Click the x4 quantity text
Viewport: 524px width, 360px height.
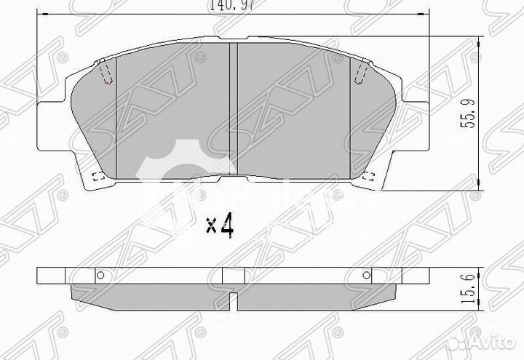[219, 226]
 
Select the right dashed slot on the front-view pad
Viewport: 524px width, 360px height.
[360, 73]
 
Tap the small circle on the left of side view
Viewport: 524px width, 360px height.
[100, 276]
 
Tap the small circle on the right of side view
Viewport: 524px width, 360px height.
[367, 276]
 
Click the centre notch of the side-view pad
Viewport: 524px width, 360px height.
[234, 300]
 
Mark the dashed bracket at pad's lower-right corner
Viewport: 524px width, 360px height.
[370, 176]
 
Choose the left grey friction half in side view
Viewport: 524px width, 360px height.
[149, 292]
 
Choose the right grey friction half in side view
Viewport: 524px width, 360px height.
[317, 292]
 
